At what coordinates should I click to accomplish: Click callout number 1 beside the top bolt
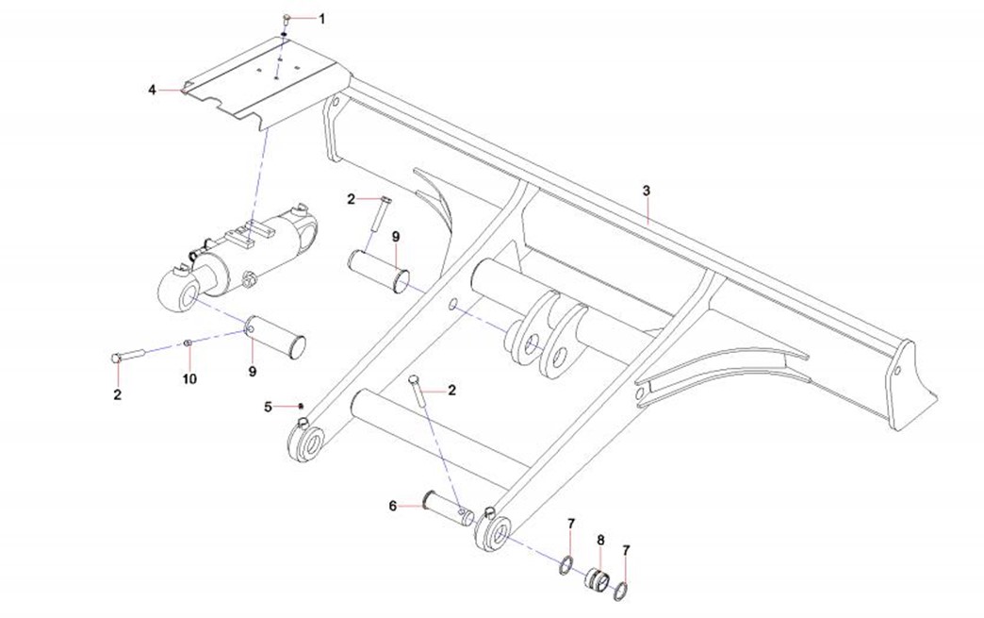tap(320, 18)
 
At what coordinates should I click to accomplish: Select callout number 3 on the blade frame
tap(647, 191)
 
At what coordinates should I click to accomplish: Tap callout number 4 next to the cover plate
tap(152, 90)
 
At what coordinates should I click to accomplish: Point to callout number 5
tap(268, 407)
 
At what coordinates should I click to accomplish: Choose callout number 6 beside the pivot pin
tap(393, 506)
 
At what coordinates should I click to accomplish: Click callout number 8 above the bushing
tap(600, 540)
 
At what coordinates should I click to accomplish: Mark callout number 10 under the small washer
tap(189, 378)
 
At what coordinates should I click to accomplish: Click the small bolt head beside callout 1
tap(287, 18)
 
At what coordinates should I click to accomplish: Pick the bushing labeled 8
tap(596, 576)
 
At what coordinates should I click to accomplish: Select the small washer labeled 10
tap(189, 342)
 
